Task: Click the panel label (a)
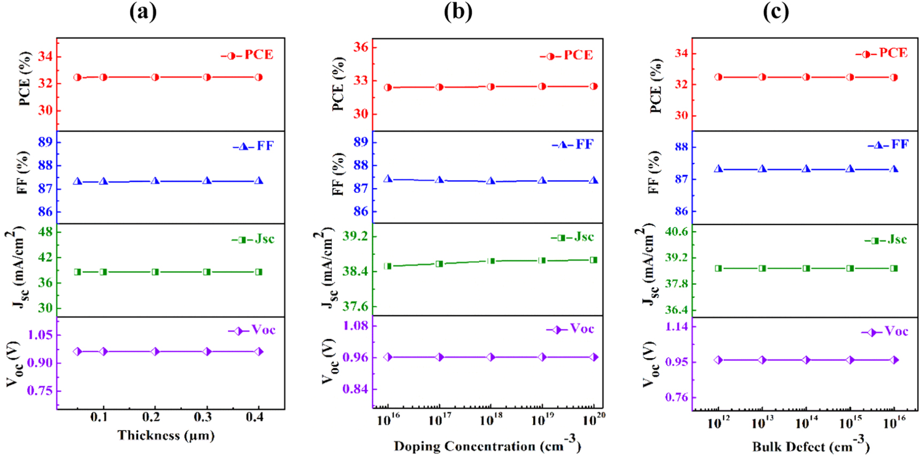tap(143, 11)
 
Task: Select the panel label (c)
tap(776, 11)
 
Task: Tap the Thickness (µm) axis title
tap(166, 435)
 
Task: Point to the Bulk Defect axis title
tap(810, 445)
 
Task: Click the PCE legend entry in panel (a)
tap(248, 55)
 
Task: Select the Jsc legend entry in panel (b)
tap(572, 237)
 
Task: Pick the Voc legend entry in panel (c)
tap(885, 331)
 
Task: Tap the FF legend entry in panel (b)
tap(573, 144)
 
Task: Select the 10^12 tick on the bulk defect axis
tap(718, 423)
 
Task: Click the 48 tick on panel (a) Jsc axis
tap(45, 231)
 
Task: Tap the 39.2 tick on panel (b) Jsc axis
tap(356, 236)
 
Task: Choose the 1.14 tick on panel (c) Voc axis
tap(677, 326)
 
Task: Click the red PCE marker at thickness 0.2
tap(155, 77)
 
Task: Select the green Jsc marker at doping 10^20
tap(594, 260)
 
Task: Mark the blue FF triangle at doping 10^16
tap(388, 179)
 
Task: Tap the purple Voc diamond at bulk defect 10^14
tap(806, 360)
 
